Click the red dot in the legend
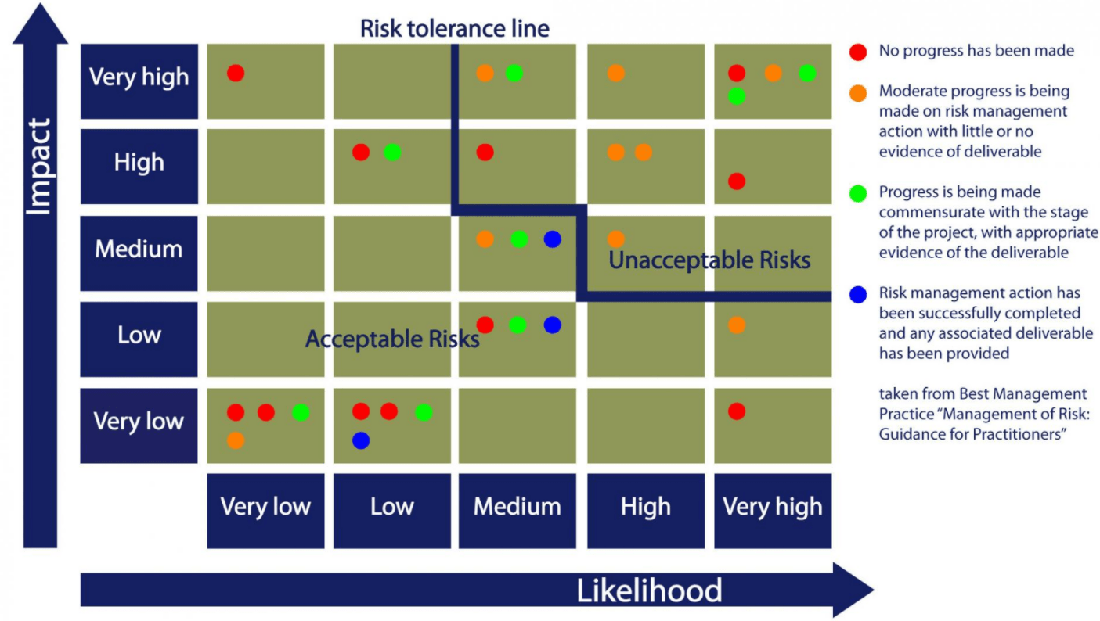[x=858, y=52]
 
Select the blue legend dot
[x=858, y=295]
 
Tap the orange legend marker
[x=858, y=93]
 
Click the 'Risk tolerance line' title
[x=454, y=29]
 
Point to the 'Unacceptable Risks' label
[x=709, y=260]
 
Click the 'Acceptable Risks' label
[x=392, y=339]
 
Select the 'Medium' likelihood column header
[x=517, y=507]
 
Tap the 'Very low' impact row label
[x=139, y=422]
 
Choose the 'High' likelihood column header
[x=645, y=507]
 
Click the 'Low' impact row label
[x=139, y=336]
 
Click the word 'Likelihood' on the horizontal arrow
[x=649, y=590]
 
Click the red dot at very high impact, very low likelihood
[x=236, y=73]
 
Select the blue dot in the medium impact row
[x=553, y=239]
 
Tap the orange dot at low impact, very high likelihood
[x=736, y=325]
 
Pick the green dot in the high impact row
[x=392, y=153]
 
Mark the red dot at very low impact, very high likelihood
[x=736, y=411]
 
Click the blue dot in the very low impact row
[x=360, y=440]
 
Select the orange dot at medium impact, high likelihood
[x=616, y=239]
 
